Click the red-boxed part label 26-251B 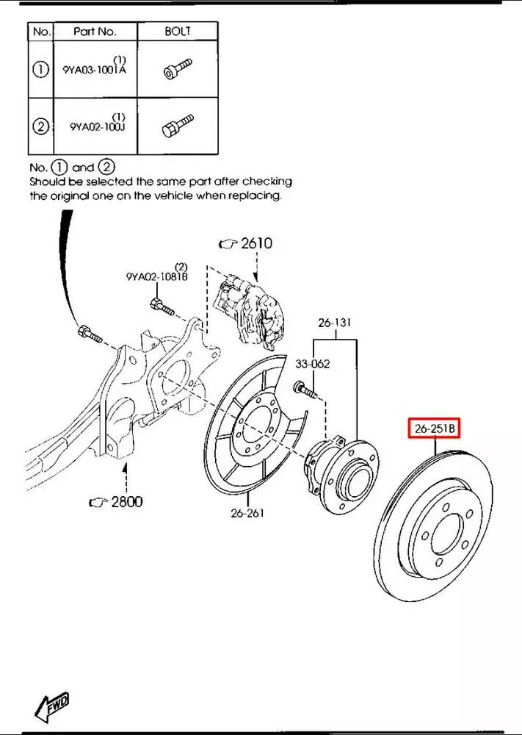(433, 428)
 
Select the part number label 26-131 (335, 323)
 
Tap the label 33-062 (312, 363)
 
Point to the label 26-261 (247, 512)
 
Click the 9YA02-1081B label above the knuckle (156, 276)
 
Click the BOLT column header (178, 31)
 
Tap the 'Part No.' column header (95, 32)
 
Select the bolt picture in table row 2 (177, 124)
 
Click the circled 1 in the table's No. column (40, 70)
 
